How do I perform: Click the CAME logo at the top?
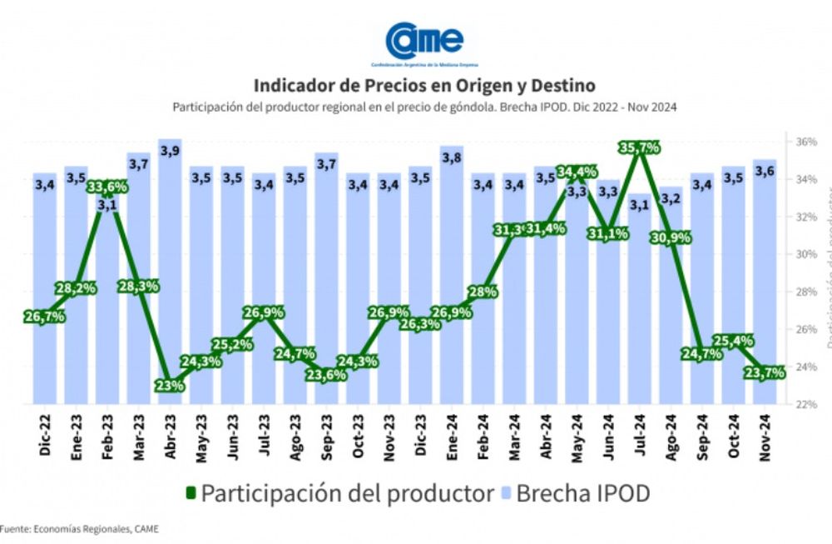(x=423, y=42)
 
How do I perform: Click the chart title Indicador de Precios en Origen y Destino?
(x=424, y=86)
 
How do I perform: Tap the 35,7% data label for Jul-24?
(x=639, y=148)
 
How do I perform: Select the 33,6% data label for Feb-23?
(x=106, y=187)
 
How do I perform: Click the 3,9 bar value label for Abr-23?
(x=170, y=151)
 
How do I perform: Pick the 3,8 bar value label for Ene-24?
(x=452, y=157)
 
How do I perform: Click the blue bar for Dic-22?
(x=45, y=333)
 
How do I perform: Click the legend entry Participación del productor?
(x=338, y=493)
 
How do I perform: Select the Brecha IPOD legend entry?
(x=575, y=493)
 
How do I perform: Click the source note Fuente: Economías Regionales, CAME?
(x=79, y=528)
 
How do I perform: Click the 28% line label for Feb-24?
(x=483, y=292)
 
